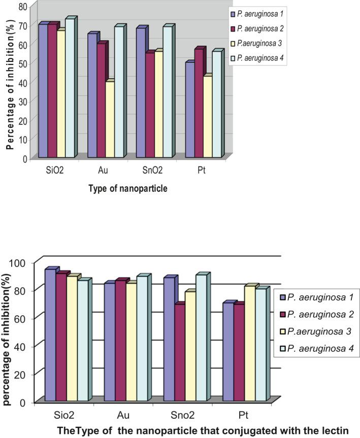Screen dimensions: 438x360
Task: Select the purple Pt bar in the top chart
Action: [x=189, y=110]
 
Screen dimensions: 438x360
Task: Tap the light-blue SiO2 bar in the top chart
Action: [x=69, y=88]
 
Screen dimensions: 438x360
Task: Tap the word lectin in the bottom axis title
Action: [x=336, y=430]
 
